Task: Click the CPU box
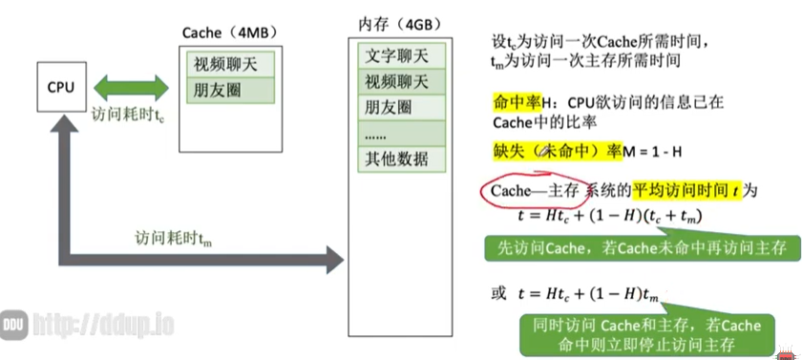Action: [x=60, y=88]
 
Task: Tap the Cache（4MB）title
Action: [x=228, y=32]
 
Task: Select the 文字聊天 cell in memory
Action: [x=397, y=56]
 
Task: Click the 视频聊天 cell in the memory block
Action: [x=397, y=81]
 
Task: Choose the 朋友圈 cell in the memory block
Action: [x=397, y=106]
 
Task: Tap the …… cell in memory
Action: [x=397, y=132]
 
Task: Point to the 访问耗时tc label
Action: [x=133, y=114]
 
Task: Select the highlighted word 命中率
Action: [x=515, y=102]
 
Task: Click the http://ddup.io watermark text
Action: [x=104, y=325]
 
